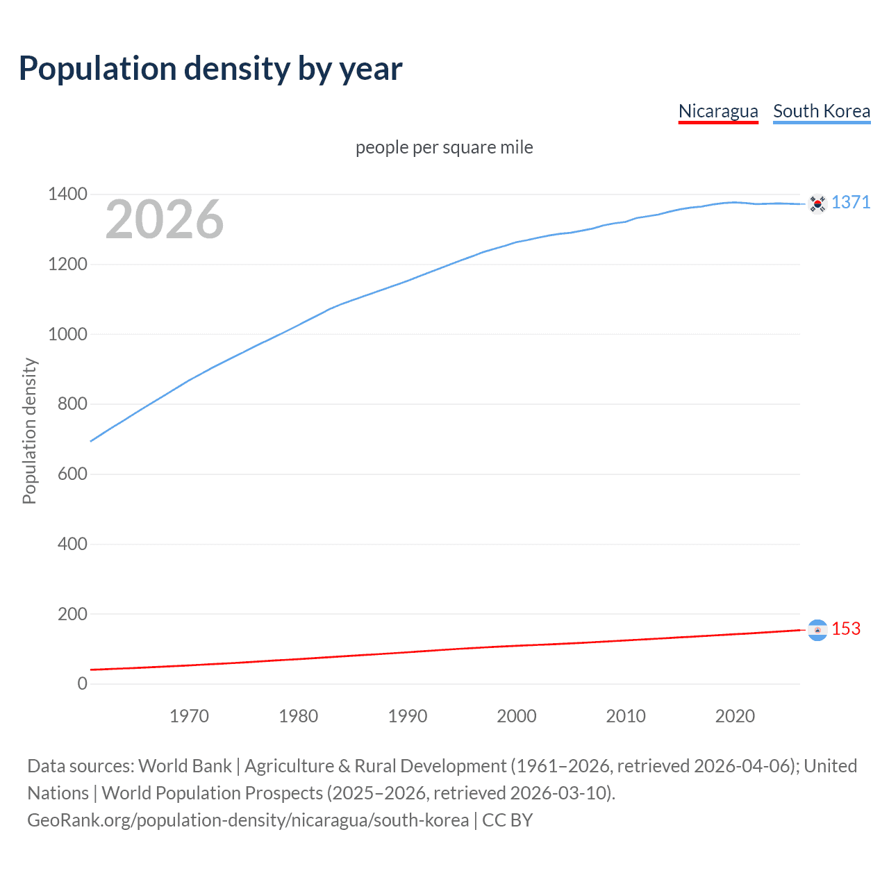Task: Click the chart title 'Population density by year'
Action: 210,68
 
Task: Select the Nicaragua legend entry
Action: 718,111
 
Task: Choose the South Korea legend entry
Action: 822,111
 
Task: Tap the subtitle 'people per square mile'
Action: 444,147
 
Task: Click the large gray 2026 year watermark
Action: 165,219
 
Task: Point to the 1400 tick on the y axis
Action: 67,194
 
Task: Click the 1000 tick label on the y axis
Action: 67,334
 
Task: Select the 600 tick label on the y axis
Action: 72,474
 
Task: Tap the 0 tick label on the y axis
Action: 83,683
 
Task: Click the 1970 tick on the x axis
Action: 189,716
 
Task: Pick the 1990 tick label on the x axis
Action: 408,716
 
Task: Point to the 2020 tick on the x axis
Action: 735,716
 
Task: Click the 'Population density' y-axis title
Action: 29,431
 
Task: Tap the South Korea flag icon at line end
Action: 817,203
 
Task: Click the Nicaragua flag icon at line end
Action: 817,630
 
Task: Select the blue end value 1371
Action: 851,202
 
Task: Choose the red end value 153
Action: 846,629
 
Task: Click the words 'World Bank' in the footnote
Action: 185,766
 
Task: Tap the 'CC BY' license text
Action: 508,820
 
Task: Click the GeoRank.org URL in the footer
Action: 248,820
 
